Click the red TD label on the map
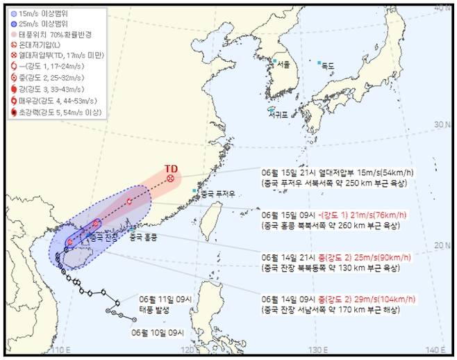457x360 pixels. coord(171,168)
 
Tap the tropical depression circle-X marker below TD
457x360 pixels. coord(170,179)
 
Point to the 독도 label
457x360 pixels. coord(328,66)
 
